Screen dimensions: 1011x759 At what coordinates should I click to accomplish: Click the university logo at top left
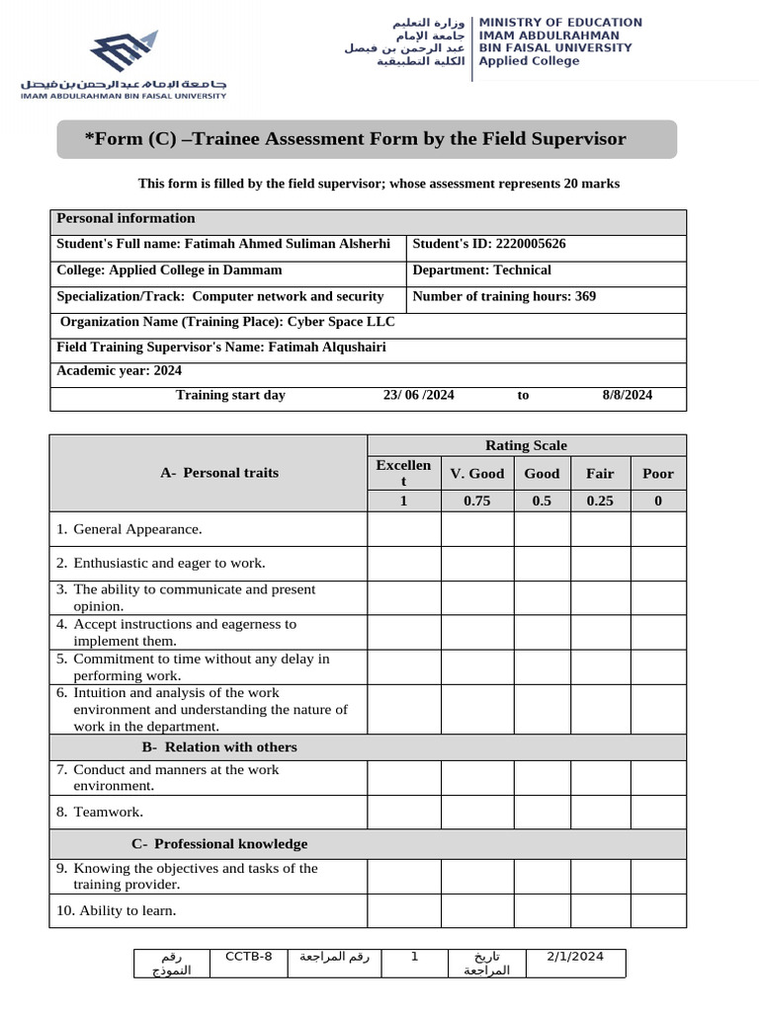click(125, 63)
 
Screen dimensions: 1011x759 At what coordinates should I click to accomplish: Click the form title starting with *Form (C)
click(355, 139)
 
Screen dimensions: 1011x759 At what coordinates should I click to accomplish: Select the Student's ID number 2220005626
click(531, 244)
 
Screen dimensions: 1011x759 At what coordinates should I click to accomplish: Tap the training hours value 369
click(583, 296)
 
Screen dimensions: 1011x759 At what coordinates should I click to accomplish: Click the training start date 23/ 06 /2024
click(419, 395)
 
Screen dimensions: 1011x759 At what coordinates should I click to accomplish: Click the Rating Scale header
click(526, 445)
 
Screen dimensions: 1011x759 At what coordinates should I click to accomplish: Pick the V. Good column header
click(477, 473)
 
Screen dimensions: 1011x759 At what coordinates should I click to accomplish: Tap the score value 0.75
click(477, 501)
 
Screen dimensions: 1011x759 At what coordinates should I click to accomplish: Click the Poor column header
click(658, 473)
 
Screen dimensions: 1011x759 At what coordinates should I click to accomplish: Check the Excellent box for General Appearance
click(404, 529)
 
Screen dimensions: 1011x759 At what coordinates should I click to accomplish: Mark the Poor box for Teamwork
click(658, 812)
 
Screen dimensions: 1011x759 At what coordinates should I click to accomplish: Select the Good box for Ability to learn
click(542, 910)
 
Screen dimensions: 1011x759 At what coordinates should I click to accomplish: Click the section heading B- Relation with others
click(219, 747)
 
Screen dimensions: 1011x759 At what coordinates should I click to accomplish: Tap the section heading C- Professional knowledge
click(219, 844)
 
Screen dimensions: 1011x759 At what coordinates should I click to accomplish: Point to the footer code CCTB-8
click(249, 956)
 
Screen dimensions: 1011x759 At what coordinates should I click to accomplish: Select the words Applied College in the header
click(529, 61)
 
